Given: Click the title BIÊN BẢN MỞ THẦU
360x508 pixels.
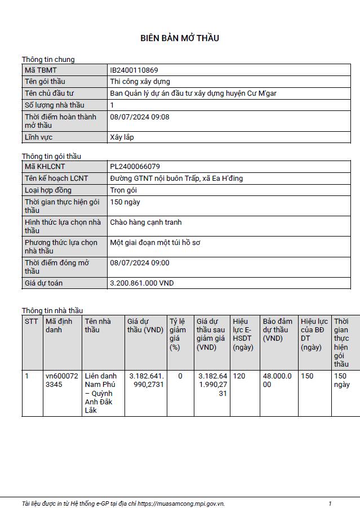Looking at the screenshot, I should (180, 38).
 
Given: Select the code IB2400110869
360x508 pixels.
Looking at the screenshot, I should (134, 70).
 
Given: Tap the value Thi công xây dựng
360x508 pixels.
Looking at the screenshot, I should (140, 82).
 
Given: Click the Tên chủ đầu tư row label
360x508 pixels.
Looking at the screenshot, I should (50, 93).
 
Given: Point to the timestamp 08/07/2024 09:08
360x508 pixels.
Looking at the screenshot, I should (140, 117).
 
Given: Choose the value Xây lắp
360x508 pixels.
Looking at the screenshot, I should (122, 137).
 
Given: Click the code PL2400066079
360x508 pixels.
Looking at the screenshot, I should (135, 167).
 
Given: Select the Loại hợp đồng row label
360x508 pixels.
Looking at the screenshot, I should (48, 190).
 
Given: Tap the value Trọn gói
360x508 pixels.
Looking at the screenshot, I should (123, 190).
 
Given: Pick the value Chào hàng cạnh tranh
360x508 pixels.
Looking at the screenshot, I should (146, 222).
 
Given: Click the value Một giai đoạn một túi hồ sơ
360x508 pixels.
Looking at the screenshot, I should (155, 243).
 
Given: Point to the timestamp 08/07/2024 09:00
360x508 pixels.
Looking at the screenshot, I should (140, 263).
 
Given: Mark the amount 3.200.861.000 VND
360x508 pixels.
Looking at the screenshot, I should (142, 283).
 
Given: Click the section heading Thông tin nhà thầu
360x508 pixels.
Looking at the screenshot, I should (52, 310).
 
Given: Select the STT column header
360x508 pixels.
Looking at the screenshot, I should (32, 322).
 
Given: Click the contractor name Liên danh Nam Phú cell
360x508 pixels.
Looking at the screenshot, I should (102, 393).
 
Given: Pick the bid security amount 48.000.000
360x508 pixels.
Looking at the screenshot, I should (278, 380).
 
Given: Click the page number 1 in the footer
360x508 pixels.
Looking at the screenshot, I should (330, 503).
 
